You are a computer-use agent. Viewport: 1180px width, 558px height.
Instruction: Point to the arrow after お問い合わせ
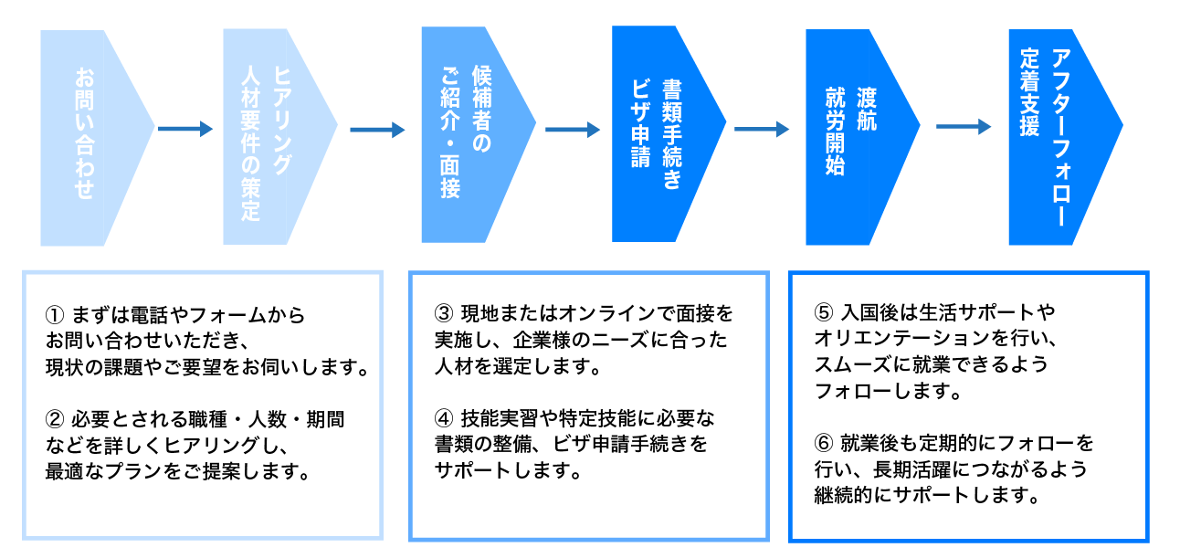[185, 129]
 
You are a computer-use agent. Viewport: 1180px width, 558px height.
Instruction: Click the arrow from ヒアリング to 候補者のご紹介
[377, 130]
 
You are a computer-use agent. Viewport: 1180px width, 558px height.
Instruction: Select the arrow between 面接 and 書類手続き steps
[573, 130]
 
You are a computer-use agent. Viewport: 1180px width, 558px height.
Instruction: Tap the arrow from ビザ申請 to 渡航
[762, 130]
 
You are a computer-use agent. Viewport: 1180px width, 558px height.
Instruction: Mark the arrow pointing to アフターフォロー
[964, 127]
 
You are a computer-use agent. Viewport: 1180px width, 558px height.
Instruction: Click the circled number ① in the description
[54, 316]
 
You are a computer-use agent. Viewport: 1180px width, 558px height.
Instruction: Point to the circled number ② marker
[54, 420]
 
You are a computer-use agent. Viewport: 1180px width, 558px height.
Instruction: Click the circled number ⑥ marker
[823, 444]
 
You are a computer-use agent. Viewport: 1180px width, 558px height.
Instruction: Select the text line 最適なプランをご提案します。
[175, 472]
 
